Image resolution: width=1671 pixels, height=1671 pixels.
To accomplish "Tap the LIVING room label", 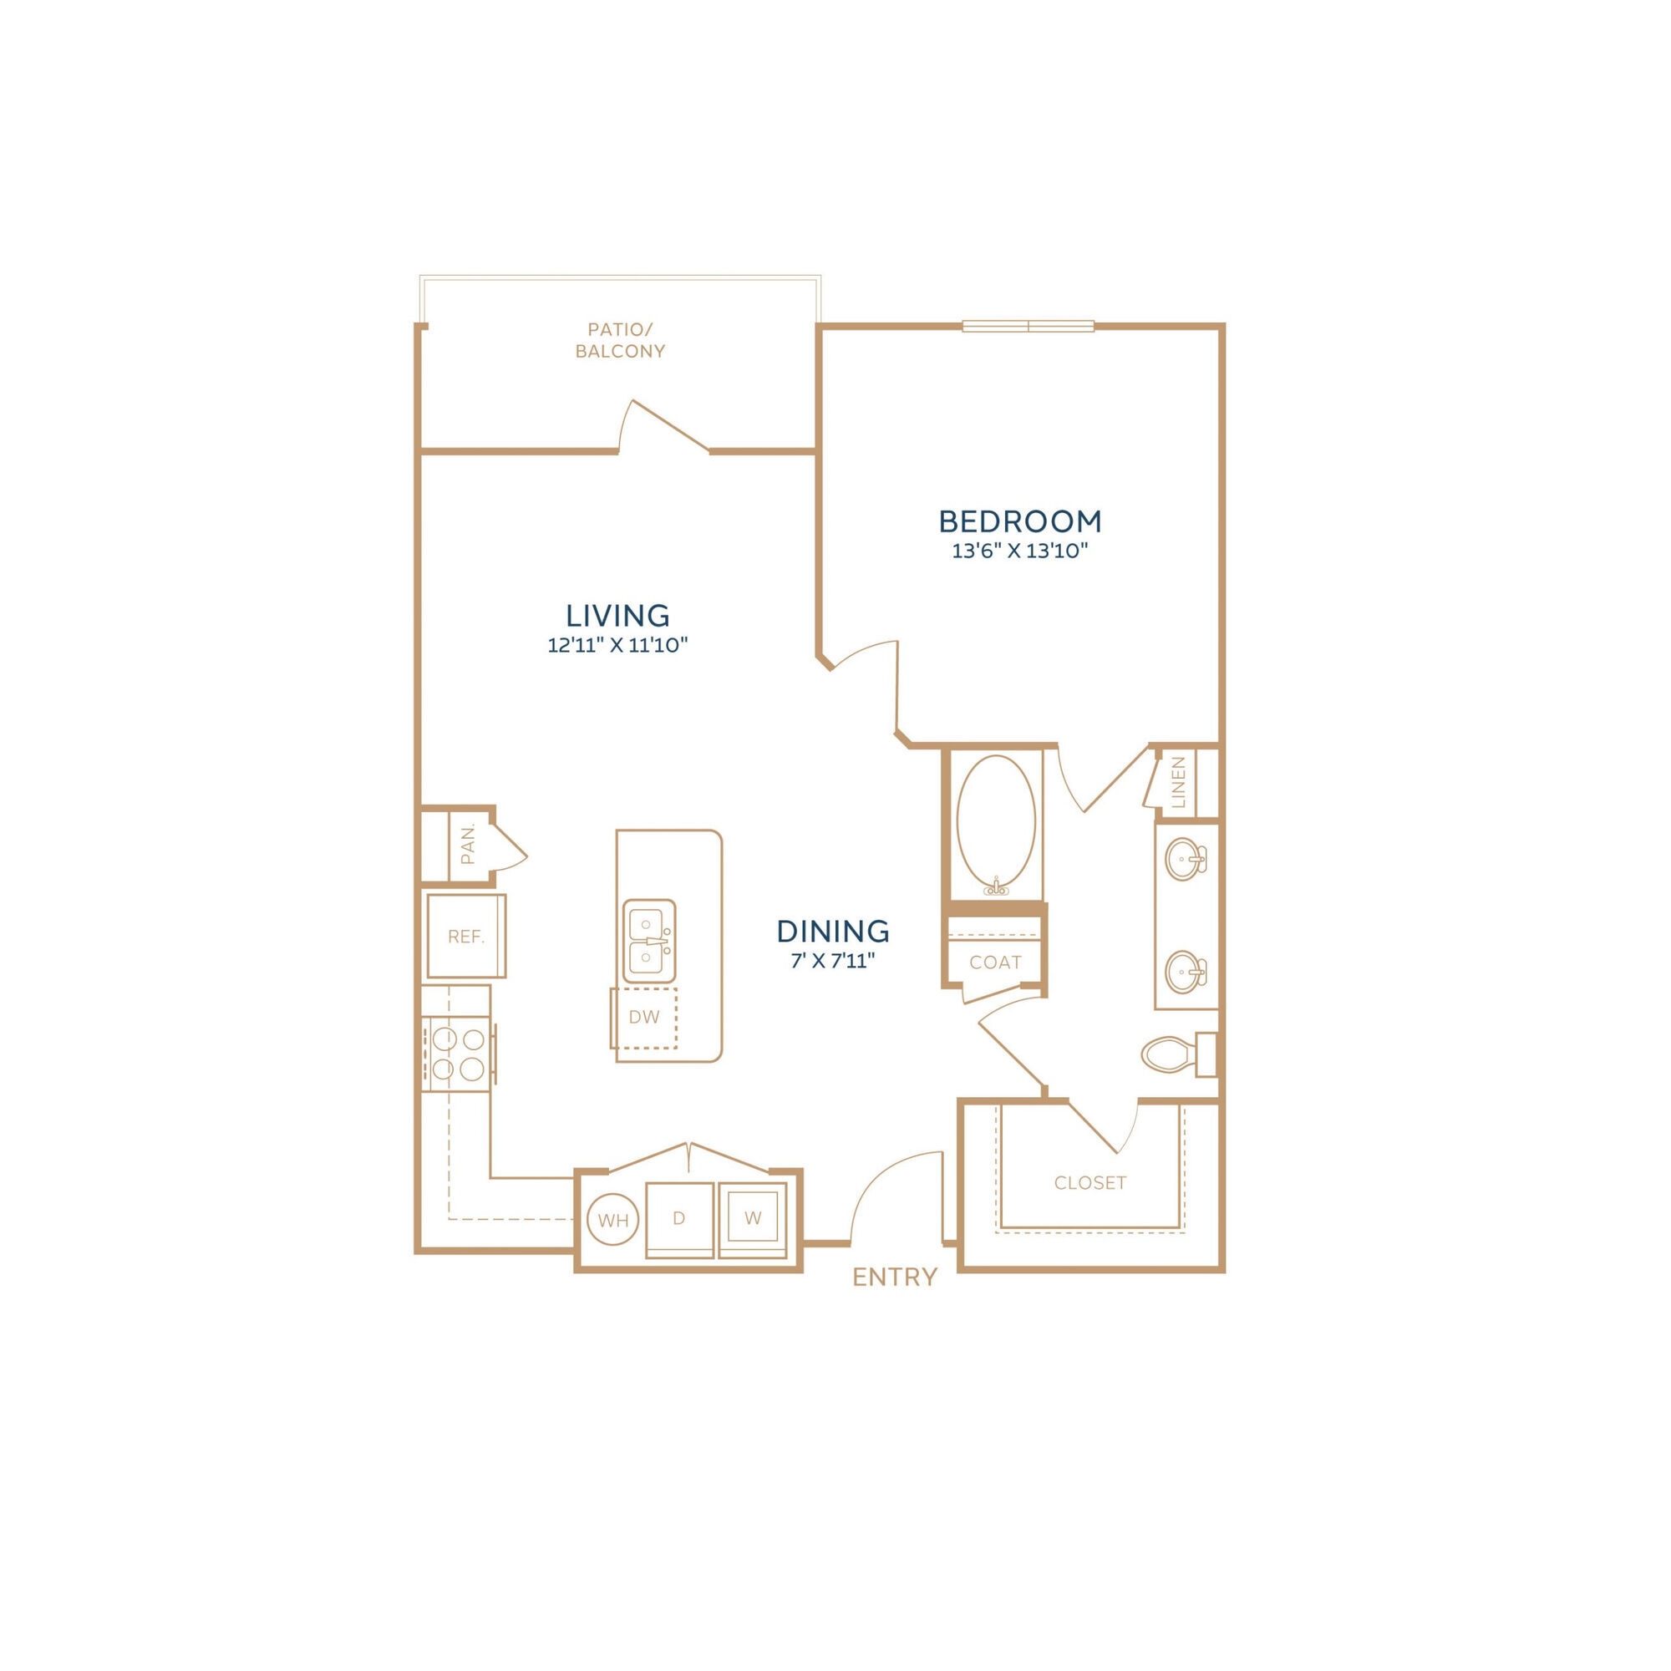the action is click(x=617, y=616).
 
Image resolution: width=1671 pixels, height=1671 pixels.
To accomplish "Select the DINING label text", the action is click(x=833, y=932).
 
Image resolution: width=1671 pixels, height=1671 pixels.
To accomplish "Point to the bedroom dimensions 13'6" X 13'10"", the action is click(x=1019, y=551).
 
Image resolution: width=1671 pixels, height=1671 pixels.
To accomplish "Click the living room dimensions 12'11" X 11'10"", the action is click(x=617, y=644).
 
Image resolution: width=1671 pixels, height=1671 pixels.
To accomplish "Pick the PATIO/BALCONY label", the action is click(x=620, y=340).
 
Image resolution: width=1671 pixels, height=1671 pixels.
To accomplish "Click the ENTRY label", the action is click(x=894, y=1277).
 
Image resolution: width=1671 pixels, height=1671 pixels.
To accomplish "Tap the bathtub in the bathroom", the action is click(x=996, y=826).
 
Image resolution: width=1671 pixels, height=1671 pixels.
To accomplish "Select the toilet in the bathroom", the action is click(x=1179, y=1055).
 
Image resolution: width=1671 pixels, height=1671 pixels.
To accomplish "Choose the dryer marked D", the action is click(x=680, y=1221).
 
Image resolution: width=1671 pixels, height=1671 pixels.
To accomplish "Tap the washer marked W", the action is click(x=754, y=1220).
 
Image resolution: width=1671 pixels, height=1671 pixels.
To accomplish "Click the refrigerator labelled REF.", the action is click(x=466, y=937).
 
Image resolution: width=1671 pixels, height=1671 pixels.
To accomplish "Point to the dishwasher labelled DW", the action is click(x=644, y=1017).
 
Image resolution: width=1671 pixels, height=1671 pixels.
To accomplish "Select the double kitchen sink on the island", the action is click(x=649, y=940).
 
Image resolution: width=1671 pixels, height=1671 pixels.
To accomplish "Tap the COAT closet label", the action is click(x=996, y=962).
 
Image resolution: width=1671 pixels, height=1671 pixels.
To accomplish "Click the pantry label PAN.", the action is click(x=468, y=845).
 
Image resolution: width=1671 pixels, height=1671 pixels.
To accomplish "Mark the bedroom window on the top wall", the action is click(x=1029, y=326).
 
